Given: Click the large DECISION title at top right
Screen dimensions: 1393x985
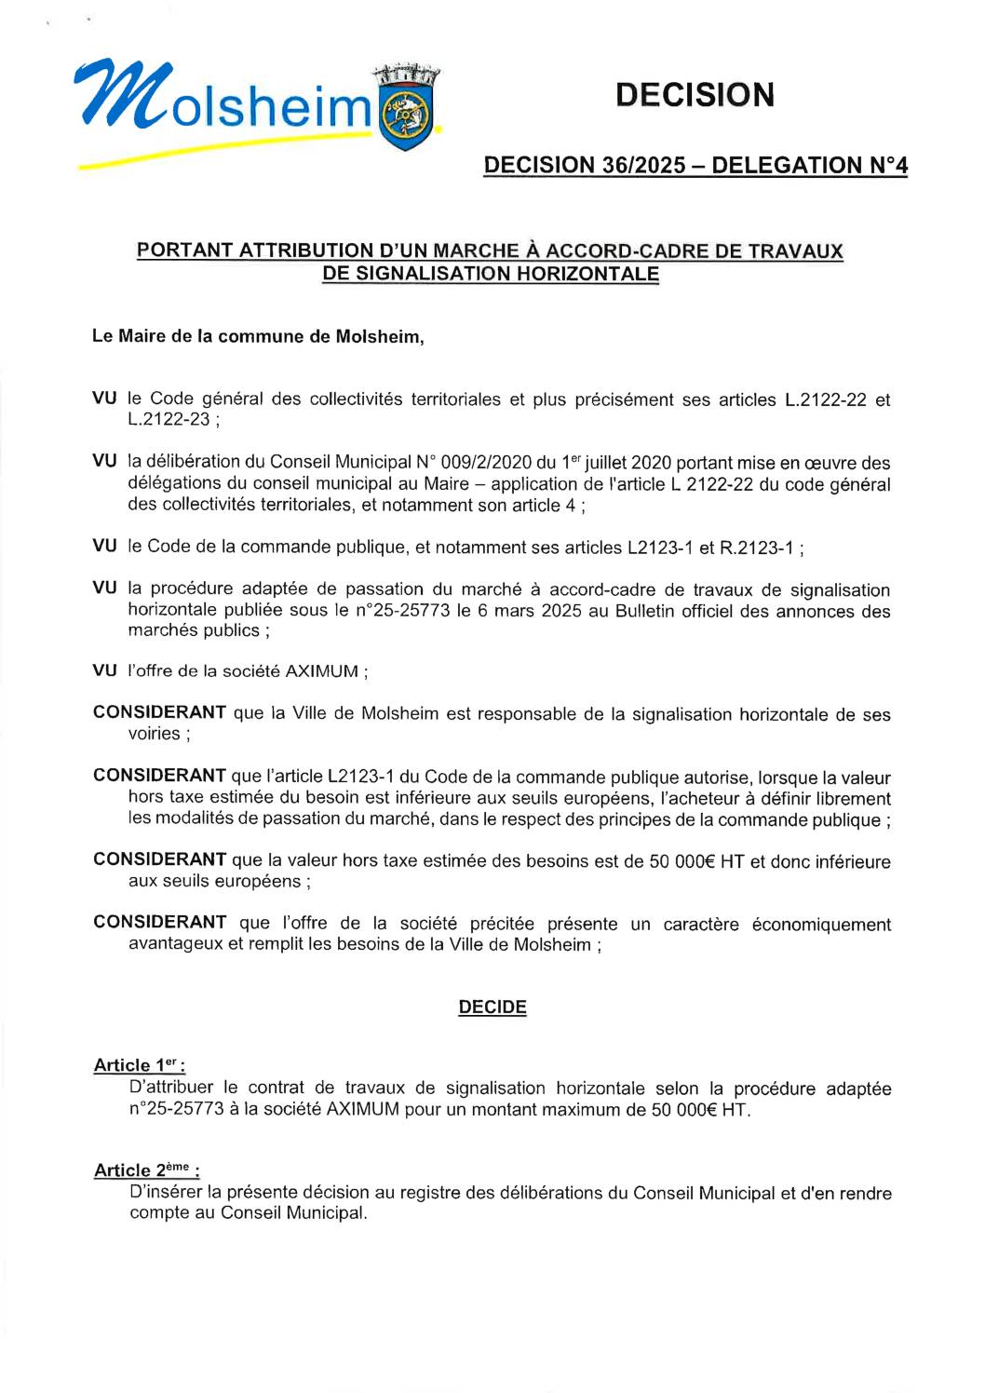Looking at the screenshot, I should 695,94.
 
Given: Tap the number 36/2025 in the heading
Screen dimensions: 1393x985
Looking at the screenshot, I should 642,165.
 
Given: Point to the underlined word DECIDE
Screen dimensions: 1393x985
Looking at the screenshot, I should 492,1008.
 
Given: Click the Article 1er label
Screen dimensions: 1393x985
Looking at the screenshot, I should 139,1064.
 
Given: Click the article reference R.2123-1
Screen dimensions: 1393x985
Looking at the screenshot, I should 757,548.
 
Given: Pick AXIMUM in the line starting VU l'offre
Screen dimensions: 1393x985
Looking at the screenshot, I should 321,671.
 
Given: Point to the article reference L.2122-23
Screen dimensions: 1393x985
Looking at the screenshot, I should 169,420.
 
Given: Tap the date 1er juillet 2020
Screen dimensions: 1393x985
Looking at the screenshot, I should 615,463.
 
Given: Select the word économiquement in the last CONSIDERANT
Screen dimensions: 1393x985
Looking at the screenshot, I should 822,924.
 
